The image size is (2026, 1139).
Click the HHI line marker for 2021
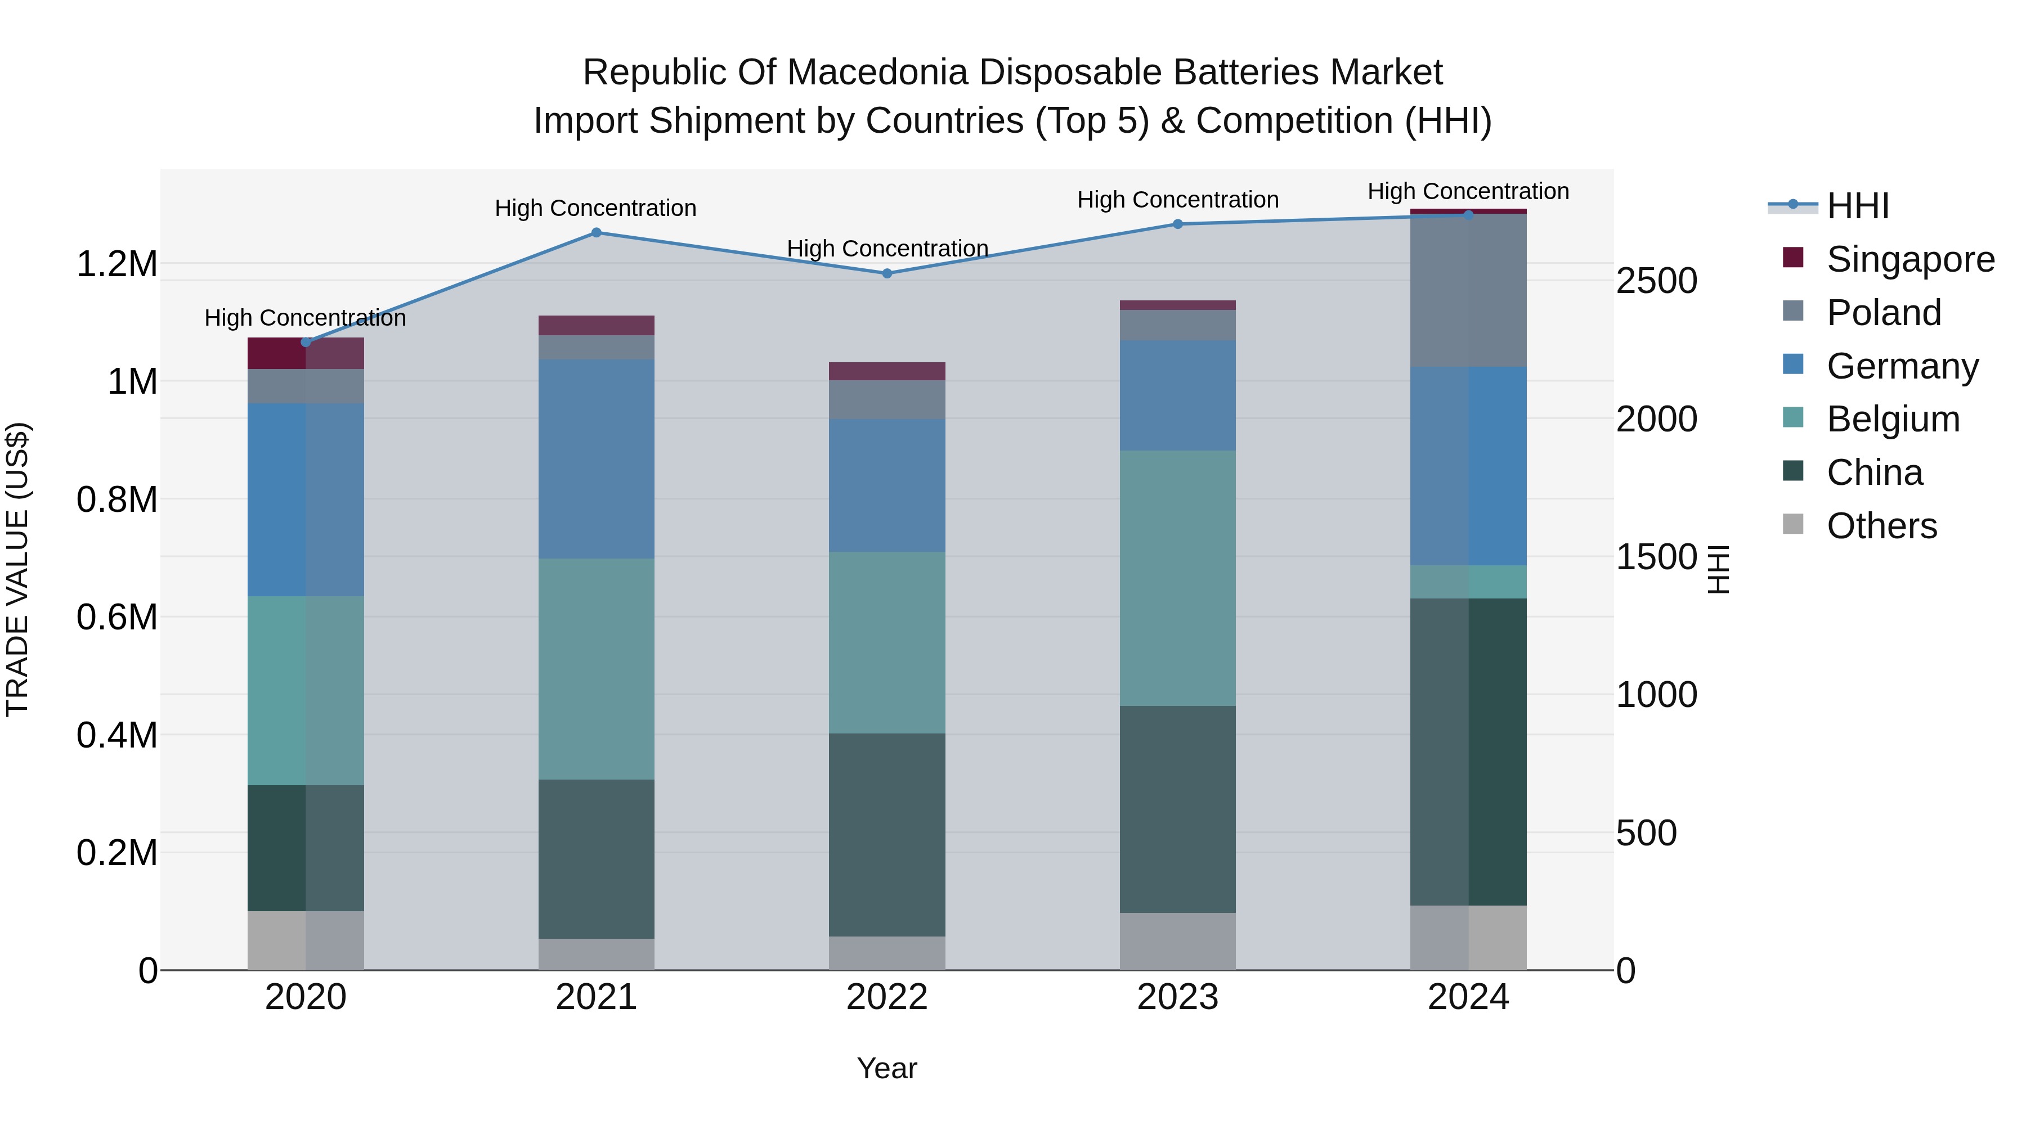tap(596, 233)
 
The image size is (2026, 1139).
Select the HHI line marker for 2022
tap(887, 273)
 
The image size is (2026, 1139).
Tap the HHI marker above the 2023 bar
tap(1177, 224)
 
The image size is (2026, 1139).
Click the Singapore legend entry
tap(1910, 259)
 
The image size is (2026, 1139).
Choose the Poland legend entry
tap(1883, 313)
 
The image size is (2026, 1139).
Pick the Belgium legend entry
tap(1892, 419)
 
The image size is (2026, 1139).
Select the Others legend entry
tap(1881, 526)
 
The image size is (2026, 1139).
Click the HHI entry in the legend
tap(1857, 206)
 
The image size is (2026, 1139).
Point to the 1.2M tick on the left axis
tap(117, 264)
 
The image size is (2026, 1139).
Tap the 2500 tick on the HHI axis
tap(1656, 281)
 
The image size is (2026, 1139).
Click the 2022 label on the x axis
tap(887, 997)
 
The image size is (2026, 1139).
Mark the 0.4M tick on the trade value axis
tap(117, 735)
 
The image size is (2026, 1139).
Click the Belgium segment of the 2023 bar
tap(1177, 578)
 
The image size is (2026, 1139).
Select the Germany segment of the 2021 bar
tap(596, 459)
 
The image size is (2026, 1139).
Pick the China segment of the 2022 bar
tap(887, 835)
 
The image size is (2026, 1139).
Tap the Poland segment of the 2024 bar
tap(1468, 290)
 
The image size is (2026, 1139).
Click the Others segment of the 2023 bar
tap(1177, 941)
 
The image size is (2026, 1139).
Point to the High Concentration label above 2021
tap(595, 208)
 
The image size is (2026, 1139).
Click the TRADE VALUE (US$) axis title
tap(17, 569)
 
